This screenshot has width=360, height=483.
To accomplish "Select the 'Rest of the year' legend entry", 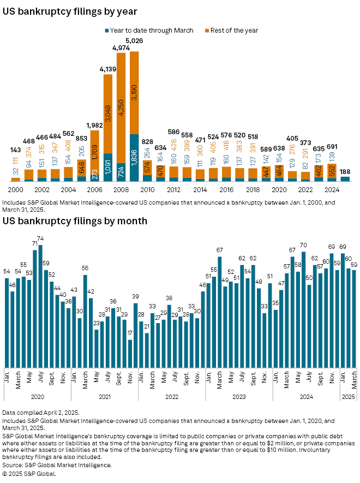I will [235, 31].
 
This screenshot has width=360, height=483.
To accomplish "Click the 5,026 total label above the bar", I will [134, 40].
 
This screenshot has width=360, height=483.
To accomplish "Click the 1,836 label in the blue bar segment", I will [134, 158].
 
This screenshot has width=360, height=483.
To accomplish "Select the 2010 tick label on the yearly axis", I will [147, 190].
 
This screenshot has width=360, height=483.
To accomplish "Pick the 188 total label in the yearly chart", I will [345, 170].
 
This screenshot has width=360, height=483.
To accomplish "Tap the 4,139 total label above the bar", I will [108, 69].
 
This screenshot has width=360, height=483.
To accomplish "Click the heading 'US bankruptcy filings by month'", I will [75, 221].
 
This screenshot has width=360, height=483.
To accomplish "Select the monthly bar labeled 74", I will [41, 306].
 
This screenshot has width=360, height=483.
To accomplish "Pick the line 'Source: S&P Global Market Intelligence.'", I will [57, 465].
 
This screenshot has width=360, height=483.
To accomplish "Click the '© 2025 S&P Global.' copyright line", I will [29, 473].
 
